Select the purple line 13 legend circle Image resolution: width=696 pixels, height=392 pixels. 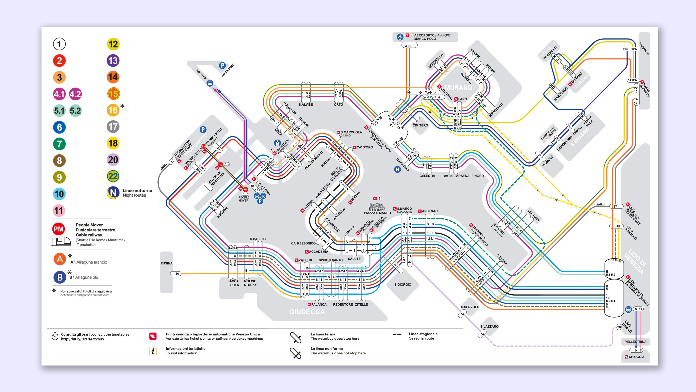pos(113,61)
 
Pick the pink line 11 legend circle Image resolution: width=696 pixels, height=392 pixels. pos(59,211)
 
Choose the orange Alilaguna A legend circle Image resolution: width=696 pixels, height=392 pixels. pos(60,259)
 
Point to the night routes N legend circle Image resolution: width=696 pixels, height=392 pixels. pos(113,193)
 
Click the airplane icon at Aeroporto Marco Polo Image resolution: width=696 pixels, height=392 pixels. pos(400,37)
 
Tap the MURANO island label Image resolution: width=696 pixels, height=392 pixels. pos(459,88)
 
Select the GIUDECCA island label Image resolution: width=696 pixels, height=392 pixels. pos(307,312)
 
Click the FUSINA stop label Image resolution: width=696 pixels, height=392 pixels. pos(166,263)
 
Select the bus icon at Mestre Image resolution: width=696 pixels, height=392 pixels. pos(210,83)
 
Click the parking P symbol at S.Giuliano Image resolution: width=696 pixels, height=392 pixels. pos(222,66)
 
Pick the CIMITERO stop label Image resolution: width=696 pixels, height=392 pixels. pos(420,126)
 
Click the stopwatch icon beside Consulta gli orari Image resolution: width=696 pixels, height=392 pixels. pos(55,336)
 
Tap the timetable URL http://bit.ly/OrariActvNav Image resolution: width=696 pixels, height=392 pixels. pos(82,339)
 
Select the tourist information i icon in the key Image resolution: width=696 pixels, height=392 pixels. pos(153,351)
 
